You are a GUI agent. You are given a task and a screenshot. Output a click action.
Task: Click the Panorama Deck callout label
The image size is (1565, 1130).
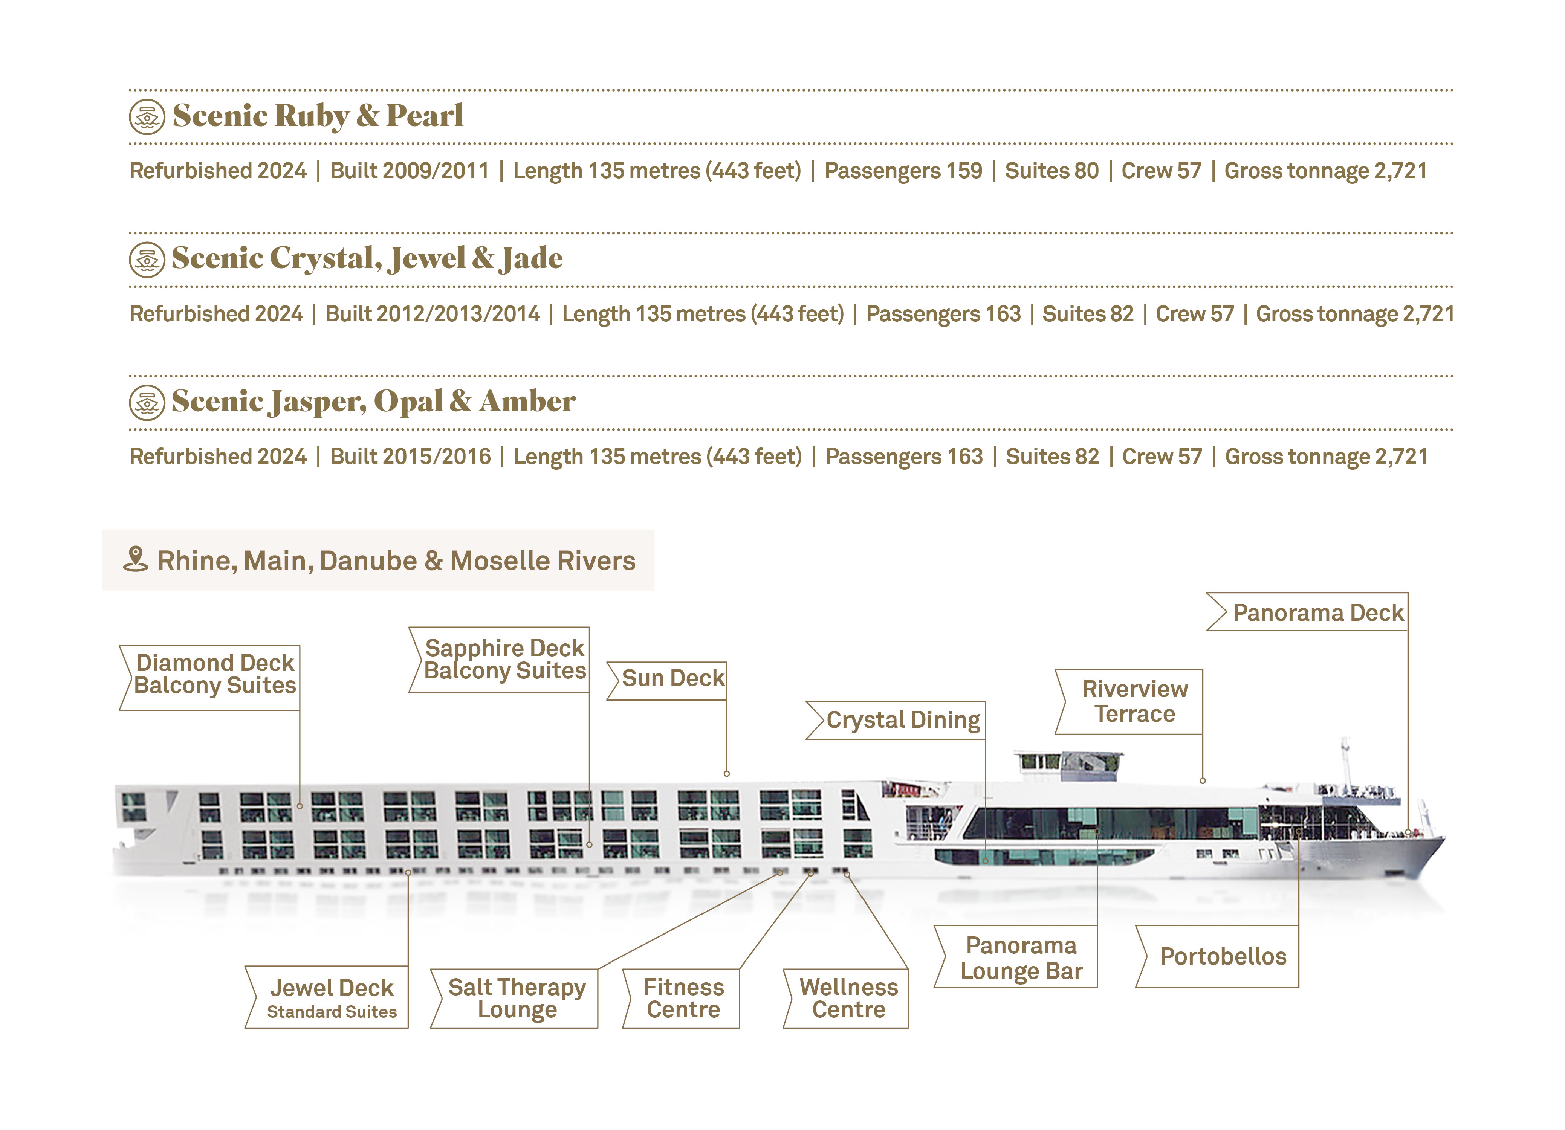[x=1317, y=612]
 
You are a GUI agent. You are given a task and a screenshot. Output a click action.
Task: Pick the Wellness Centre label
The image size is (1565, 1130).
[x=848, y=998]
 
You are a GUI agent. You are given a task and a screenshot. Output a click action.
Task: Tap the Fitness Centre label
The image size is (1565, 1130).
[x=683, y=998]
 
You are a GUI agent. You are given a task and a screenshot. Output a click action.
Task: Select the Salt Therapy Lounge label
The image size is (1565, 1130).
[x=517, y=998]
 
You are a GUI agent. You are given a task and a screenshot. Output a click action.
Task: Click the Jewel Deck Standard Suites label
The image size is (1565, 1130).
[x=331, y=998]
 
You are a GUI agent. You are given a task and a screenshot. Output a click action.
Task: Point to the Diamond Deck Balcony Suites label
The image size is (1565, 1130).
[x=215, y=674]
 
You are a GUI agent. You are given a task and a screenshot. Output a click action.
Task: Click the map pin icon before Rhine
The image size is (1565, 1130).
[x=136, y=559]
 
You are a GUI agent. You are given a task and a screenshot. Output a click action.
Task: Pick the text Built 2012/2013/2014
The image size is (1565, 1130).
[x=432, y=314]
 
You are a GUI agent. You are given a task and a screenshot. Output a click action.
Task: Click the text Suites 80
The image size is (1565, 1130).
[x=1051, y=171]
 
